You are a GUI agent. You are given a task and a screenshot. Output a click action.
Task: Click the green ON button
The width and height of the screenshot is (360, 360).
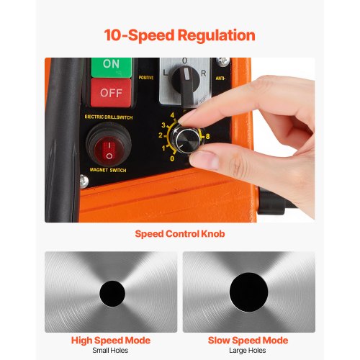tap(111, 65)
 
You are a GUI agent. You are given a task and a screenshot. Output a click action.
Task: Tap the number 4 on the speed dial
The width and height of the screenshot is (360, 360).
tap(172, 115)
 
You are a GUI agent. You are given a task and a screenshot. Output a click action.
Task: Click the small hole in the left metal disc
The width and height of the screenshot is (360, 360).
tap(112, 292)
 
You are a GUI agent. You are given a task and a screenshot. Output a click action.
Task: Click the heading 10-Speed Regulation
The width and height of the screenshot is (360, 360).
tap(179, 35)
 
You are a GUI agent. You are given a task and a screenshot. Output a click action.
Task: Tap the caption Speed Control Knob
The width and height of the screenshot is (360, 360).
tap(179, 234)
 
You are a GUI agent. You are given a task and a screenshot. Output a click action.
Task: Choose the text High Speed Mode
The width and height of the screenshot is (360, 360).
tap(111, 341)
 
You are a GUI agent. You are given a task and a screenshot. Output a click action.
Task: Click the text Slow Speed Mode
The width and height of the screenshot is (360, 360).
tap(248, 341)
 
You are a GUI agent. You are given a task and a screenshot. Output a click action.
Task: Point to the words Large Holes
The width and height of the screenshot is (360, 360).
tap(248, 351)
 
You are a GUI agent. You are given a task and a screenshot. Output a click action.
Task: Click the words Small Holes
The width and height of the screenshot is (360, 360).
tap(111, 351)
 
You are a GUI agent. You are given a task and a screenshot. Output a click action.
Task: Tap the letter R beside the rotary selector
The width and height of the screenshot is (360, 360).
tap(204, 73)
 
